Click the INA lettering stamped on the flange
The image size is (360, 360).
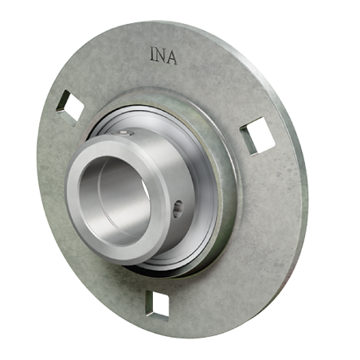click(x=162, y=57)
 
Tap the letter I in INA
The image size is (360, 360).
click(x=152, y=57)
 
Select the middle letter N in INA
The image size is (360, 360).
click(x=162, y=57)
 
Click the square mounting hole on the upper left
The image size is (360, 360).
click(x=70, y=107)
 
